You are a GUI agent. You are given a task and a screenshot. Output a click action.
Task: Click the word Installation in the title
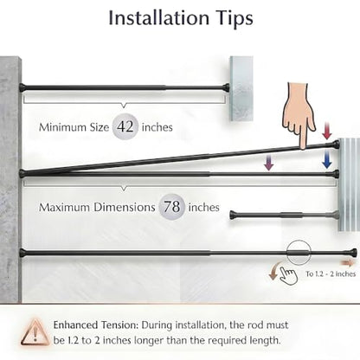158,18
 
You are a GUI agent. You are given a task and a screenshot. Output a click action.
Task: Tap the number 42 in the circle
125,126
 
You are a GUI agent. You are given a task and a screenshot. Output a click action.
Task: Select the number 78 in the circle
172,207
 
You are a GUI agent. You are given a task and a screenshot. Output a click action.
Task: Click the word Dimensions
125,208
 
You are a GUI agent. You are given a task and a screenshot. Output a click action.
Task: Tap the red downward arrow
327,131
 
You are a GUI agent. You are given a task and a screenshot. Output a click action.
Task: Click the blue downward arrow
327,158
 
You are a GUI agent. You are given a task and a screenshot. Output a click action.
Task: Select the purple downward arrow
269,162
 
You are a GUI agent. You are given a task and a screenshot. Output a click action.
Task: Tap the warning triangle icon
35,332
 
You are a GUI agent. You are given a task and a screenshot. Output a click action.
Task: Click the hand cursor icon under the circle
289,276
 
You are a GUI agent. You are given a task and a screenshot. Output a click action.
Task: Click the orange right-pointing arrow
347,262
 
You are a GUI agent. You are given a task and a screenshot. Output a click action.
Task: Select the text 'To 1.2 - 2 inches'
331,273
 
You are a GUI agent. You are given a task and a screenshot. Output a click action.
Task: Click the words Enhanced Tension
96,325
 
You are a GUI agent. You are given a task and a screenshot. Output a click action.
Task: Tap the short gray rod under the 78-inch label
284,215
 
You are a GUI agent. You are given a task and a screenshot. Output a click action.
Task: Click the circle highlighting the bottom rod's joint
299,241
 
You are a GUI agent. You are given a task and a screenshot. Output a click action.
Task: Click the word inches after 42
157,127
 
